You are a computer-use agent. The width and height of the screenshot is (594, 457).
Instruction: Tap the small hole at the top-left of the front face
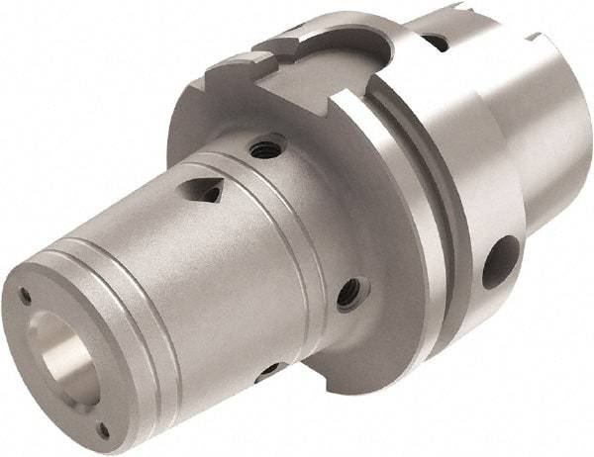pos(25,293)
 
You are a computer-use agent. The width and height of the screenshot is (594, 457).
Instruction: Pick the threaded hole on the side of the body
pos(348,293)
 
